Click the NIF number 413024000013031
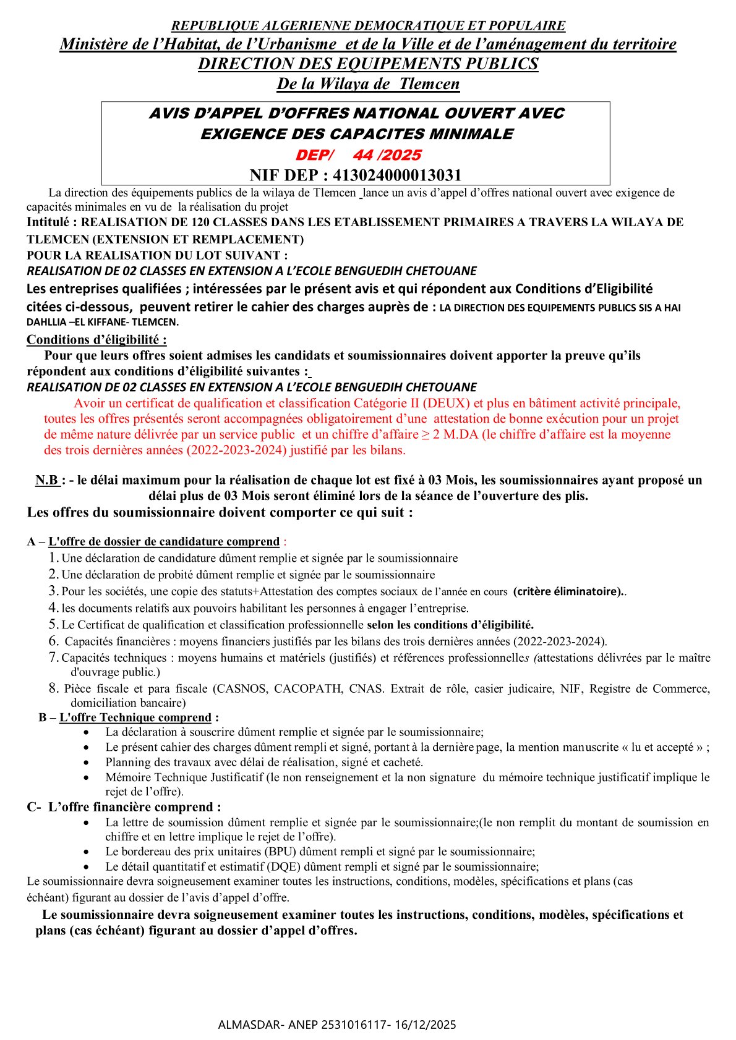click(x=397, y=175)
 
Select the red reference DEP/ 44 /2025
click(x=358, y=155)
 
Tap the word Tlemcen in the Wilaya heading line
click(x=429, y=84)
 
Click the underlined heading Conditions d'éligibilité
click(x=96, y=339)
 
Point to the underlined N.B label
click(x=47, y=480)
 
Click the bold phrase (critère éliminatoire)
click(x=568, y=591)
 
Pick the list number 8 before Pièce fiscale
click(x=54, y=688)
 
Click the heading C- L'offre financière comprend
click(x=124, y=807)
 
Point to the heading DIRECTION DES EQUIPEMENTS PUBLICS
click(x=368, y=64)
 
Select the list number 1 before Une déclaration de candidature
click(x=54, y=558)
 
